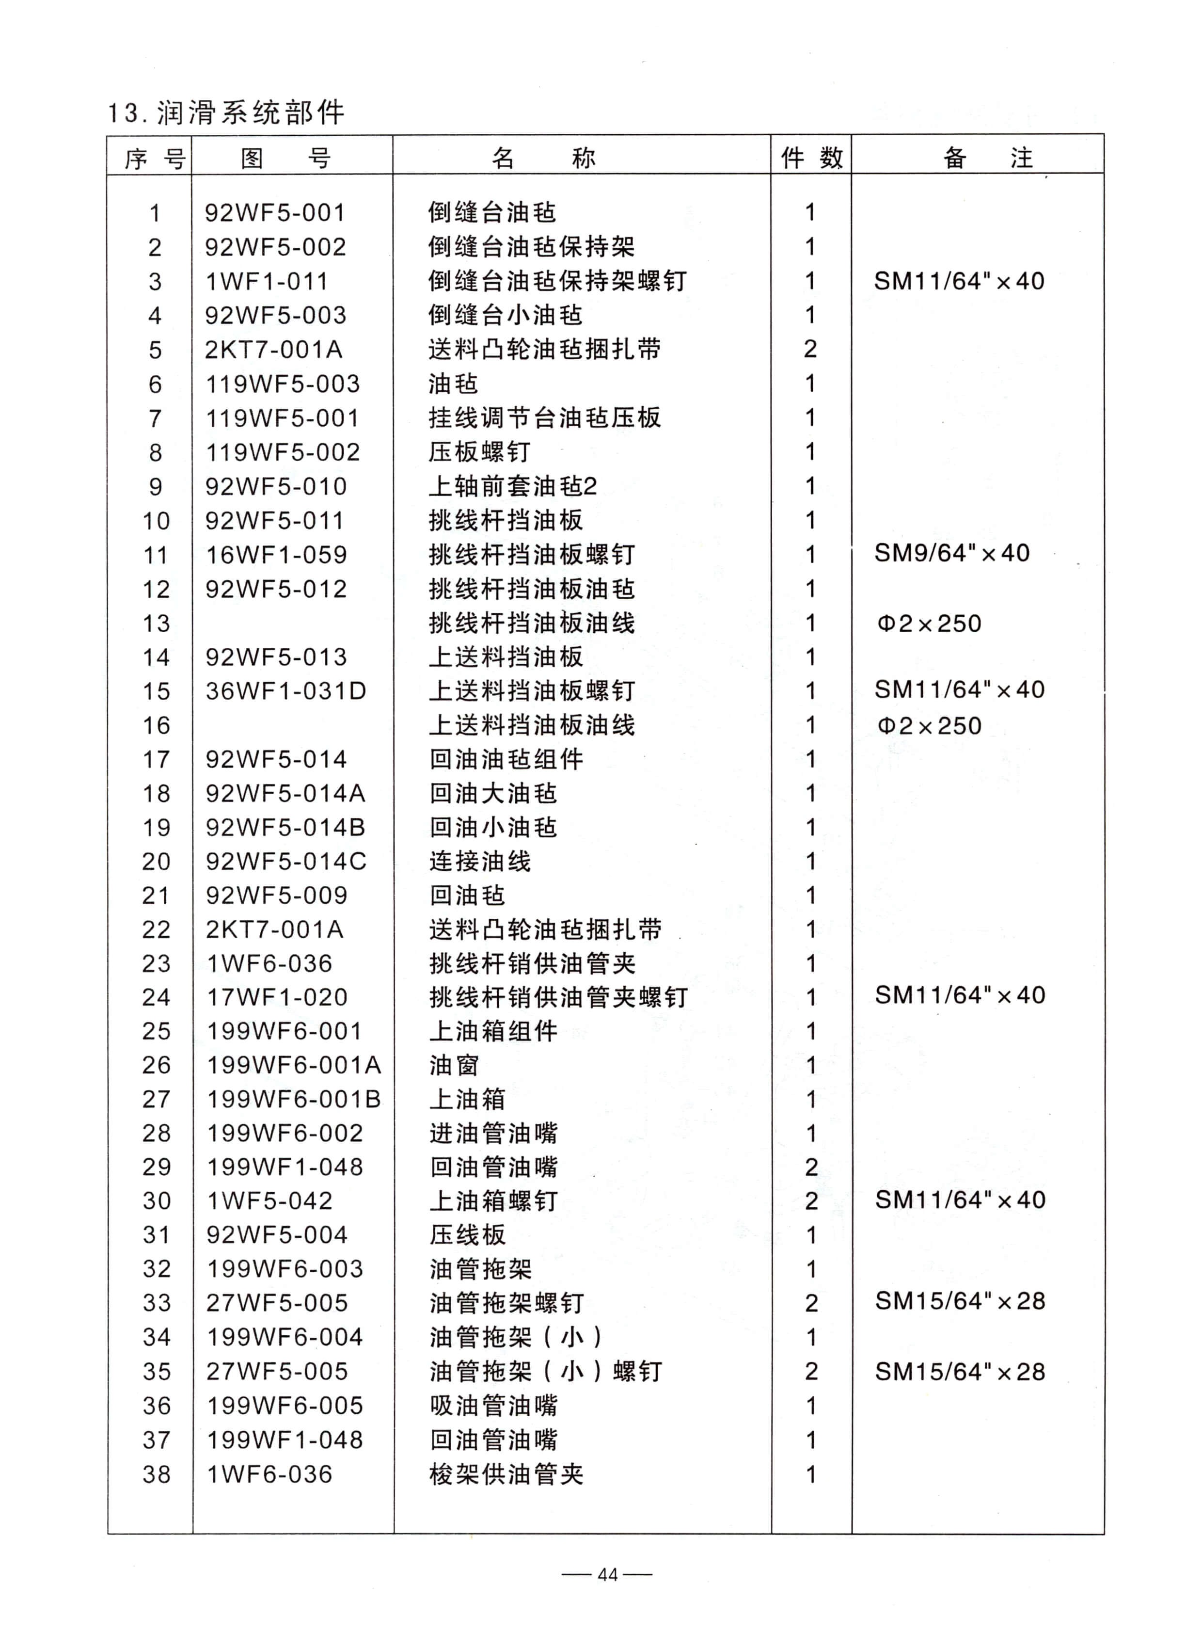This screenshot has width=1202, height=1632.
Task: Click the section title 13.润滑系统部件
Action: click(x=225, y=113)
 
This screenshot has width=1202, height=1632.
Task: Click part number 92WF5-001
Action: click(x=274, y=212)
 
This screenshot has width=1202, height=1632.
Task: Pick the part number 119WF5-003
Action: click(x=282, y=384)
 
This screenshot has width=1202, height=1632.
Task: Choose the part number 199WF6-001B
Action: click(x=293, y=1099)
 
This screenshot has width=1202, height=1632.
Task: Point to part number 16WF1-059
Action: click(x=276, y=555)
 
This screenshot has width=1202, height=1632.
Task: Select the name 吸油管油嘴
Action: click(x=493, y=1406)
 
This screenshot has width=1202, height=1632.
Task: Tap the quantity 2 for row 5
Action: click(x=810, y=350)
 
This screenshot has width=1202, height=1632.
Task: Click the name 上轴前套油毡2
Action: click(x=512, y=486)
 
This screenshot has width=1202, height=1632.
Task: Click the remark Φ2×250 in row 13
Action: click(x=929, y=623)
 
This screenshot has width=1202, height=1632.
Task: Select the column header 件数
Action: click(x=811, y=157)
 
